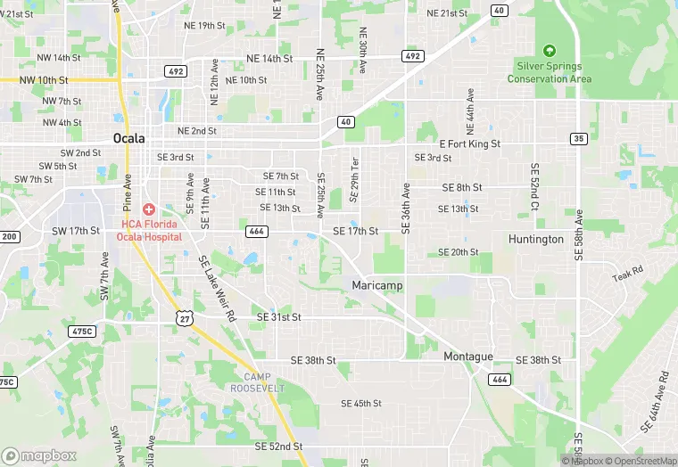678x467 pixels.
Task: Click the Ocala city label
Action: tap(131, 138)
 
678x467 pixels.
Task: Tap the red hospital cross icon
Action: tap(148, 209)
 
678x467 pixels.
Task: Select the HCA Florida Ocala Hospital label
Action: tap(152, 230)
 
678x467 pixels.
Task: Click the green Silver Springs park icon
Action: tap(550, 50)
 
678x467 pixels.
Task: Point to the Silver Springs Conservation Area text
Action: tap(550, 72)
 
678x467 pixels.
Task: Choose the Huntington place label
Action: tap(536, 239)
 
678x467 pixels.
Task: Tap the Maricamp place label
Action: tap(376, 285)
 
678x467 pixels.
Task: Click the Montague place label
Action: tap(468, 356)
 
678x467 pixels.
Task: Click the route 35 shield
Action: tap(579, 139)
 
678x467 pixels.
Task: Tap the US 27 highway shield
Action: tap(185, 318)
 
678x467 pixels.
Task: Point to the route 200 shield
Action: tap(9, 236)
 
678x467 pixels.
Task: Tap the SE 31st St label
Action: tap(278, 317)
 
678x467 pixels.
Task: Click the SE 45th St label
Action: tap(361, 404)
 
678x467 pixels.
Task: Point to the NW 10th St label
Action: tap(59, 79)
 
